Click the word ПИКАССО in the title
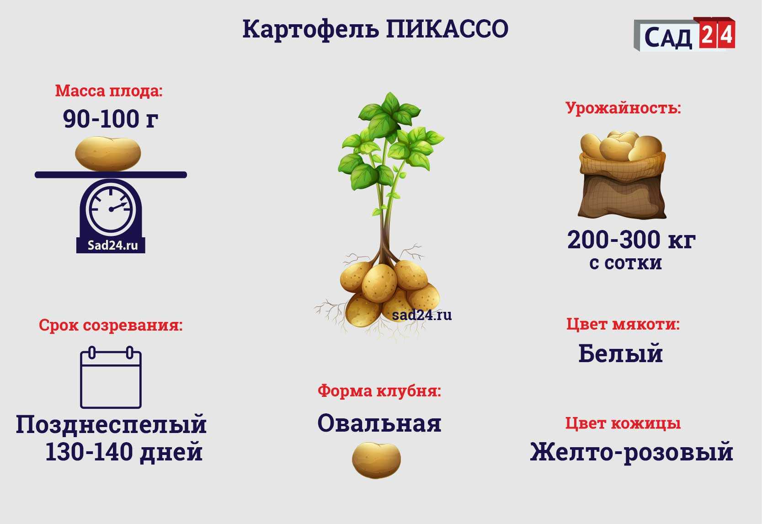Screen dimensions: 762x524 447,29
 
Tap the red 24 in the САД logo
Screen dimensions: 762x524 718,34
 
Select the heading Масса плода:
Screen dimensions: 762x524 109,91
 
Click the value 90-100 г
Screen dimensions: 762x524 111,119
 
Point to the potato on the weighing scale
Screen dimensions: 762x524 108,154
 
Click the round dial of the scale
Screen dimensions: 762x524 111,209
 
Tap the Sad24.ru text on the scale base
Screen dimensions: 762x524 112,246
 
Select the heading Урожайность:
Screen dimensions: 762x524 623,108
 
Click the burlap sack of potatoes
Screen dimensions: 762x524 622,175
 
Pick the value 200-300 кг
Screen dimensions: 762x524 631,240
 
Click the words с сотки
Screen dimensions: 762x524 626,263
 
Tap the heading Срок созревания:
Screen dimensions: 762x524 111,325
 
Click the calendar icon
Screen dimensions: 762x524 111,377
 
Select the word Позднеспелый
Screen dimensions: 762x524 111,425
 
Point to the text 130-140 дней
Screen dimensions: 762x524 124,452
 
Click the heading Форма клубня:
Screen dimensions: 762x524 379,391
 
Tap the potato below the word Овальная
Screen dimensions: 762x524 376,460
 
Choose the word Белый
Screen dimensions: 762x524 621,353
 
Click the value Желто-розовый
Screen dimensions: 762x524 631,452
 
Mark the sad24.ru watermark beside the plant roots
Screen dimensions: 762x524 422,315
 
